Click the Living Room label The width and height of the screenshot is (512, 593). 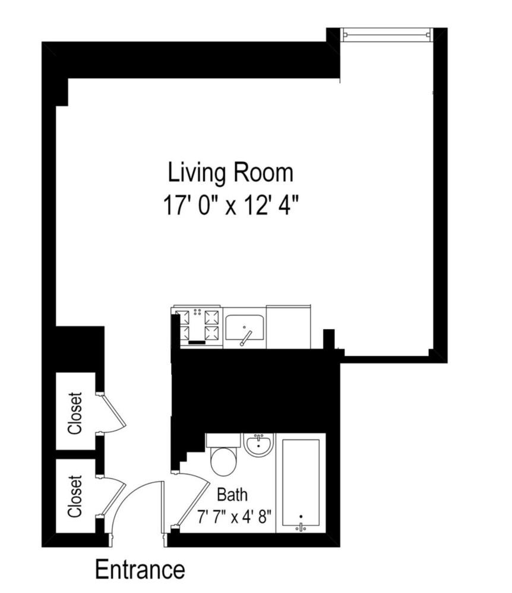tap(230, 173)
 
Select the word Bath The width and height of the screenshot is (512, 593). tap(232, 494)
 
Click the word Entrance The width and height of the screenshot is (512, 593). tap(140, 569)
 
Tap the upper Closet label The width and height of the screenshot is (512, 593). tap(75, 413)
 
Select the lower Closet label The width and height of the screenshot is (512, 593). tap(75, 496)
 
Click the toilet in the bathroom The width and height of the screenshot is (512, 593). tap(223, 457)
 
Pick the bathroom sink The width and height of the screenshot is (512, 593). tap(258, 445)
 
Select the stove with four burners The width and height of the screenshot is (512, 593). tap(197, 327)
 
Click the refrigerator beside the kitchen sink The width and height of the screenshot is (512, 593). tap(288, 327)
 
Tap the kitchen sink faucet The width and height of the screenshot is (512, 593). tap(245, 338)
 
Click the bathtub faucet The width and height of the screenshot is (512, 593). tap(301, 525)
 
